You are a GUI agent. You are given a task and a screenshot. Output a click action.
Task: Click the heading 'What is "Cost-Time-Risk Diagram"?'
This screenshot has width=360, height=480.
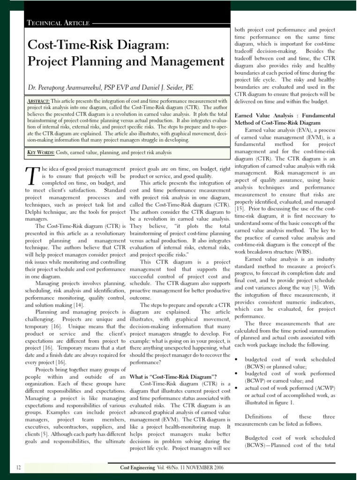coord(172,376)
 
